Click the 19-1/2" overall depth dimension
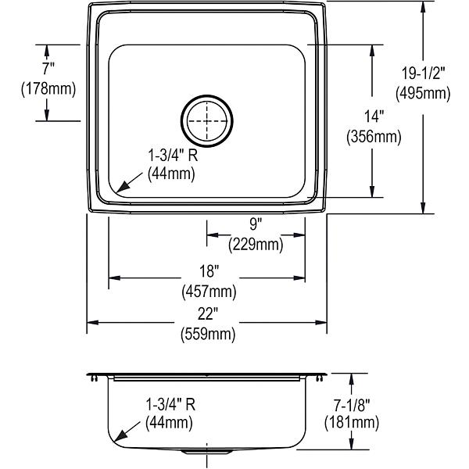pyautogui.click(x=423, y=73)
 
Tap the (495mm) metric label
pyautogui.click(x=423, y=94)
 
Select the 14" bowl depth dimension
pyautogui.click(x=374, y=116)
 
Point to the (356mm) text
pyautogui.click(x=374, y=137)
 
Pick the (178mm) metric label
pyautogui.click(x=48, y=89)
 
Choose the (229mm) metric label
pyautogui.click(x=256, y=245)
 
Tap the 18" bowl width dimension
pyautogui.click(x=209, y=271)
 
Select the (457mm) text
pyautogui.click(x=209, y=292)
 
